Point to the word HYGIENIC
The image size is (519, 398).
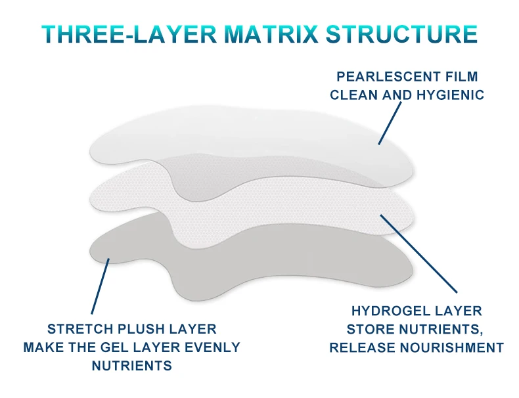(x=451, y=95)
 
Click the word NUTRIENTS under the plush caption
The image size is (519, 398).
(x=131, y=365)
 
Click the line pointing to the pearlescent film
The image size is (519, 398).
(x=389, y=124)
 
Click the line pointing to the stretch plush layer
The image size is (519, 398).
(x=101, y=286)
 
